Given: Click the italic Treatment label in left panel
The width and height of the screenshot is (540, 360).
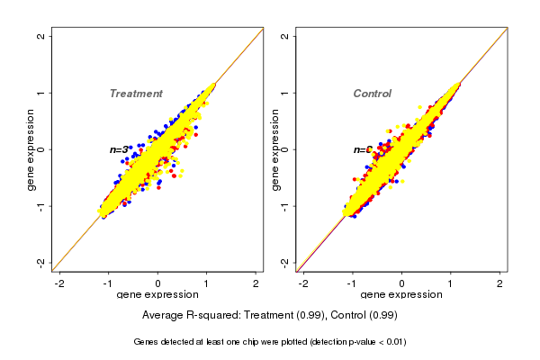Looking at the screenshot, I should click(136, 94).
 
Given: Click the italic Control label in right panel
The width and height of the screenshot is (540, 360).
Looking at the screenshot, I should click(372, 94).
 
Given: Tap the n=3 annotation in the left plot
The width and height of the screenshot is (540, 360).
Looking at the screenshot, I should click(119, 149).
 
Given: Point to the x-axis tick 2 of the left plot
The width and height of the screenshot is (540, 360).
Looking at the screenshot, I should click(256, 283).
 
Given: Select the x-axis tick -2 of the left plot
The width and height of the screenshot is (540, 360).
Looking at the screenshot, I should click(59, 283).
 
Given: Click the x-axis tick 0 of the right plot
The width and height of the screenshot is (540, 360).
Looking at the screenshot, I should click(401, 283).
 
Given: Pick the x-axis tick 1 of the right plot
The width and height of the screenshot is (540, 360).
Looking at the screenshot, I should click(451, 283).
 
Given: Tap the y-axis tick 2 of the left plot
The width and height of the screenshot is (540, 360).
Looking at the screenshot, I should click(41, 37).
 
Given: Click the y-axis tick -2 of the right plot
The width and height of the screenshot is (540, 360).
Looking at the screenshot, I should click(285, 262).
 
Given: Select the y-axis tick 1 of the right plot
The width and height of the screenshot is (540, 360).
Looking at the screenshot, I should click(285, 93).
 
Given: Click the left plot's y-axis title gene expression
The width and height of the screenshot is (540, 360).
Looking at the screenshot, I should click(31, 149).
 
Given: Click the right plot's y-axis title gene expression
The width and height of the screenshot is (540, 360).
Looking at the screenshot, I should click(274, 149).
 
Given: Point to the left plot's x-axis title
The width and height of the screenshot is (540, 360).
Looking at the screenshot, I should click(157, 295).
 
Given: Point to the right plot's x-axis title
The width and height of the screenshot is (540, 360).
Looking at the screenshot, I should click(401, 295).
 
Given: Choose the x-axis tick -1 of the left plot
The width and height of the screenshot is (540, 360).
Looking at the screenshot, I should click(108, 283).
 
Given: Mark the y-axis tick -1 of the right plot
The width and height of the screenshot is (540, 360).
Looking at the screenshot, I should click(285, 205).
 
